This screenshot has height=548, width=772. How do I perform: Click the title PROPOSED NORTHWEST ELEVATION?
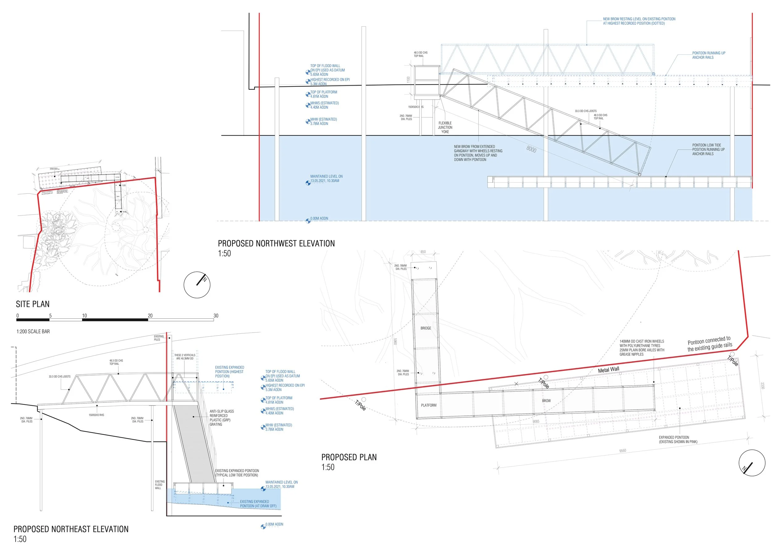point(276,243)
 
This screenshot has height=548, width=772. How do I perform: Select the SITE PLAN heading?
point(33,304)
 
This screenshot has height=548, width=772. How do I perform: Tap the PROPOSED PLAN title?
point(349,457)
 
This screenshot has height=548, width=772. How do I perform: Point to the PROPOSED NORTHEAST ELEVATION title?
point(71,529)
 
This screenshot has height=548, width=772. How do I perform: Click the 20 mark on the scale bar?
point(150,316)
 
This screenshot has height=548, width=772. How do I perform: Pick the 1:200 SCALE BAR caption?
point(33,331)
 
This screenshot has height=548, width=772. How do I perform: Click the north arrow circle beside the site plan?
point(197,285)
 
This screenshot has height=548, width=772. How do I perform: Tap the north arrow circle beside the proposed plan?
point(751,463)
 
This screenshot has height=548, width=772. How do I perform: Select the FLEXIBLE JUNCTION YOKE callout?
point(445,128)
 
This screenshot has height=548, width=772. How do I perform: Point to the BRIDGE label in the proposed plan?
point(426,328)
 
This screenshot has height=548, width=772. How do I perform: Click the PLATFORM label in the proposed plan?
point(429,405)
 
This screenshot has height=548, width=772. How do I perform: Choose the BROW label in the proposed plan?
point(546,401)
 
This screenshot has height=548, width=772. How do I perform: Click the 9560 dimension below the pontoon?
point(622,451)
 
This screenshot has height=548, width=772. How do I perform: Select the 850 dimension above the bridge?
point(423,252)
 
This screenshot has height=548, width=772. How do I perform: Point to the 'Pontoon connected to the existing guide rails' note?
point(710,344)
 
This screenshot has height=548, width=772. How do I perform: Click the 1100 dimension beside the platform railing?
point(408,80)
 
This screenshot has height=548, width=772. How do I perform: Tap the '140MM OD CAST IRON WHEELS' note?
point(642,348)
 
